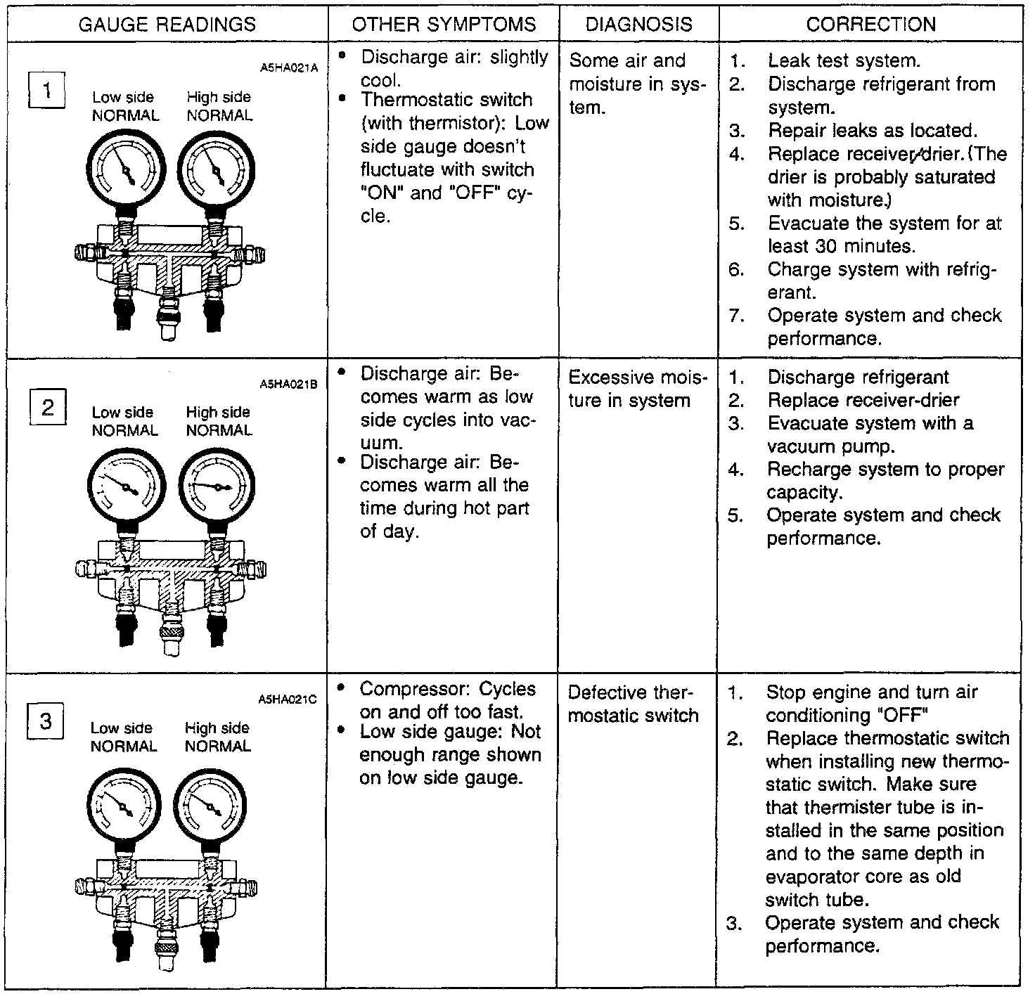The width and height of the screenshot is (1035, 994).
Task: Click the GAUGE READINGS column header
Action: [167, 25]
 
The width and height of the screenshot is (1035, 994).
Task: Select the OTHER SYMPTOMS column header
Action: [444, 25]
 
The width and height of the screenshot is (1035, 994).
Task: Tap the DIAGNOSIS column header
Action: [638, 25]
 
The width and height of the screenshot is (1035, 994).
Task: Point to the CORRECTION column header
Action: [870, 25]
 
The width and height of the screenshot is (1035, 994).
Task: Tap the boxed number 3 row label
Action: [46, 722]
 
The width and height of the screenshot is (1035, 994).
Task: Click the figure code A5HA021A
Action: [289, 68]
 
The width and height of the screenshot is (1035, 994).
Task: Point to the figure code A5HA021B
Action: [289, 385]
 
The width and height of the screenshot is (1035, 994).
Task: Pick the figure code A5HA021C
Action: [288, 699]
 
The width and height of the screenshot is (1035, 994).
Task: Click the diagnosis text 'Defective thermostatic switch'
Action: [633, 704]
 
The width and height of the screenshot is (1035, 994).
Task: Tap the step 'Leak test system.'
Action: [843, 61]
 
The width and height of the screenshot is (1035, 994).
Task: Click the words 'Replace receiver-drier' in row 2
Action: [863, 400]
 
